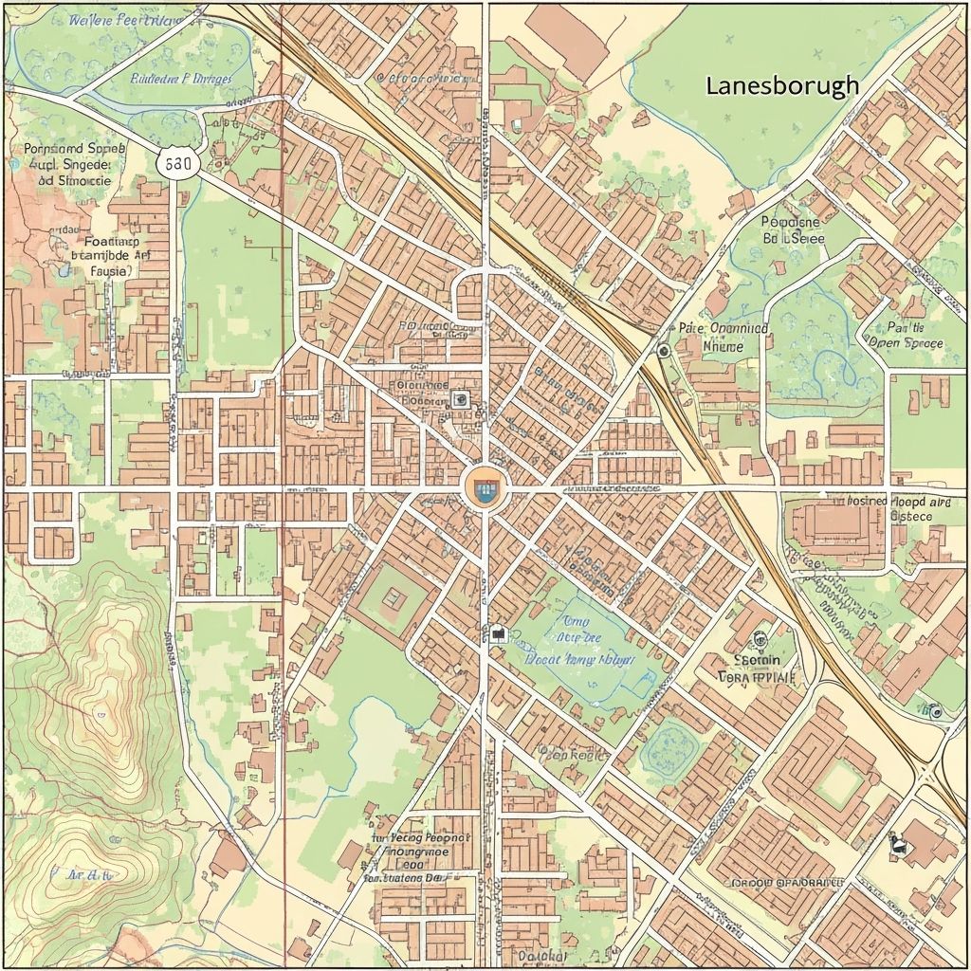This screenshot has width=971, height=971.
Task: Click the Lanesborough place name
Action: (x=782, y=85)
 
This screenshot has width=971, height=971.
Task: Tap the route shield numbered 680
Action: (x=177, y=163)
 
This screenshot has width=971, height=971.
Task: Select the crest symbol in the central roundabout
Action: (x=485, y=488)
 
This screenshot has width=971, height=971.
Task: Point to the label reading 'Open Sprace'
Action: (x=906, y=343)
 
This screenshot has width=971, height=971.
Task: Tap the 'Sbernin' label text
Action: (x=758, y=660)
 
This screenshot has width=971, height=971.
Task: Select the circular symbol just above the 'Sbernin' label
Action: (x=758, y=639)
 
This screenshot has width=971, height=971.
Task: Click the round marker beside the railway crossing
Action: (x=663, y=350)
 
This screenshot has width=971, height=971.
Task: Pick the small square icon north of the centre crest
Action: (x=461, y=399)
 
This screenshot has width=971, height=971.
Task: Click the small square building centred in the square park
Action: (x=394, y=598)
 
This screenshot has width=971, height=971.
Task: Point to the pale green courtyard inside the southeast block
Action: (x=838, y=784)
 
